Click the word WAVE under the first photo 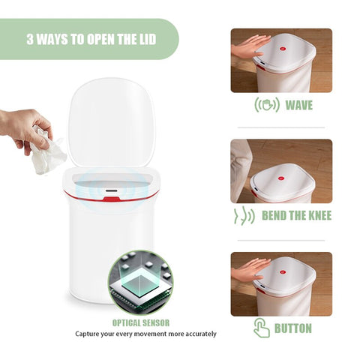click(299, 105)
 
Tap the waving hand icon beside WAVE click(267, 105)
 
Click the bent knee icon click(244, 216)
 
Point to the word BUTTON click(293, 328)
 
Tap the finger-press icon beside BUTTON click(262, 328)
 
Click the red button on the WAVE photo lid click(283, 49)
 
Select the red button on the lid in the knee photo click(281, 178)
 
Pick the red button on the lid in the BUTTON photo click(283, 272)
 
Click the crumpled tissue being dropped click(47, 152)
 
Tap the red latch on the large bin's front click(111, 199)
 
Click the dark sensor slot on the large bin click(111, 190)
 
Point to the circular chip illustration click(141, 283)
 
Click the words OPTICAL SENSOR click(141, 322)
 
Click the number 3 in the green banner click(30, 39)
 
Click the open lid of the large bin click(111, 122)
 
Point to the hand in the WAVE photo click(250, 46)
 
